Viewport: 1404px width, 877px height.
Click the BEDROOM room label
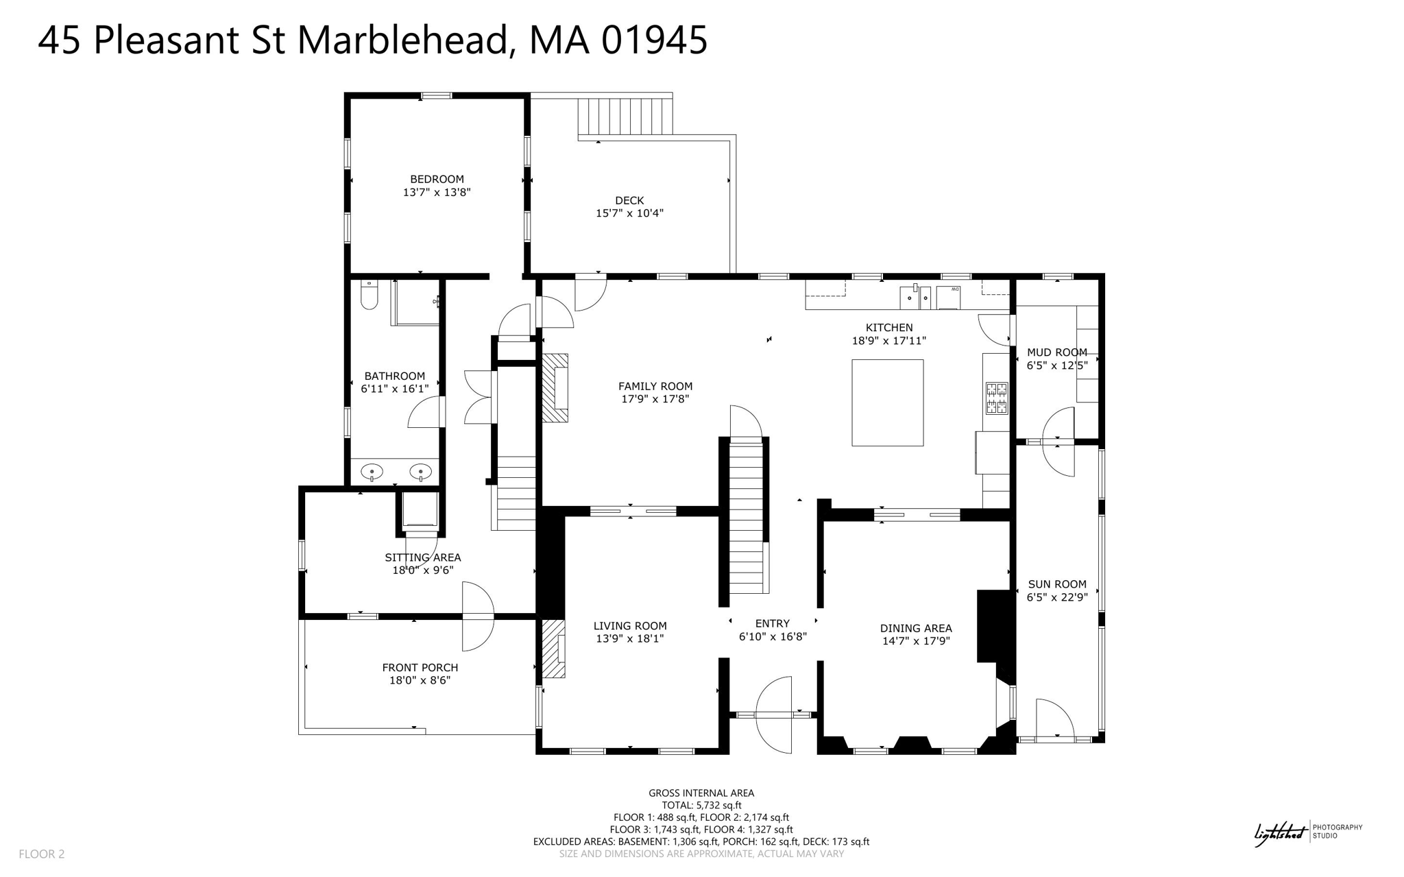437,179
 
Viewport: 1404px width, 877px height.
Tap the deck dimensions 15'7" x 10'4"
629,213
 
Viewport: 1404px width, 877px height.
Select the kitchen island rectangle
887,403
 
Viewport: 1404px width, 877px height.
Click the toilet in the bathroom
369,296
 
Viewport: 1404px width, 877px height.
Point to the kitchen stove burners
996,398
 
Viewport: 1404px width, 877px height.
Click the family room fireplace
556,387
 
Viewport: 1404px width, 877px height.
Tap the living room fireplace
554,649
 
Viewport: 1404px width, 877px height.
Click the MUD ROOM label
1056,352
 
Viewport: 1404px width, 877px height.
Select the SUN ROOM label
1056,584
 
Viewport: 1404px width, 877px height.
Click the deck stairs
625,116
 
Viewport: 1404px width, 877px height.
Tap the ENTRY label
772,623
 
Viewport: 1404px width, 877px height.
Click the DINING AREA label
916,628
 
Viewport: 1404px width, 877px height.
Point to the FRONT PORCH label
420,667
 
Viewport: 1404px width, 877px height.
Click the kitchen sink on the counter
915,298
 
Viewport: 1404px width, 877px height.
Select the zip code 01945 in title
654,40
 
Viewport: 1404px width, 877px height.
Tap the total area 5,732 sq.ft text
701,805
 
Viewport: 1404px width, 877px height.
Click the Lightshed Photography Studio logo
1307,832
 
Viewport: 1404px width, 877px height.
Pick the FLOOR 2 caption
41,854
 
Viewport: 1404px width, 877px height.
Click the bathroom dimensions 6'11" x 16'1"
395,389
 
